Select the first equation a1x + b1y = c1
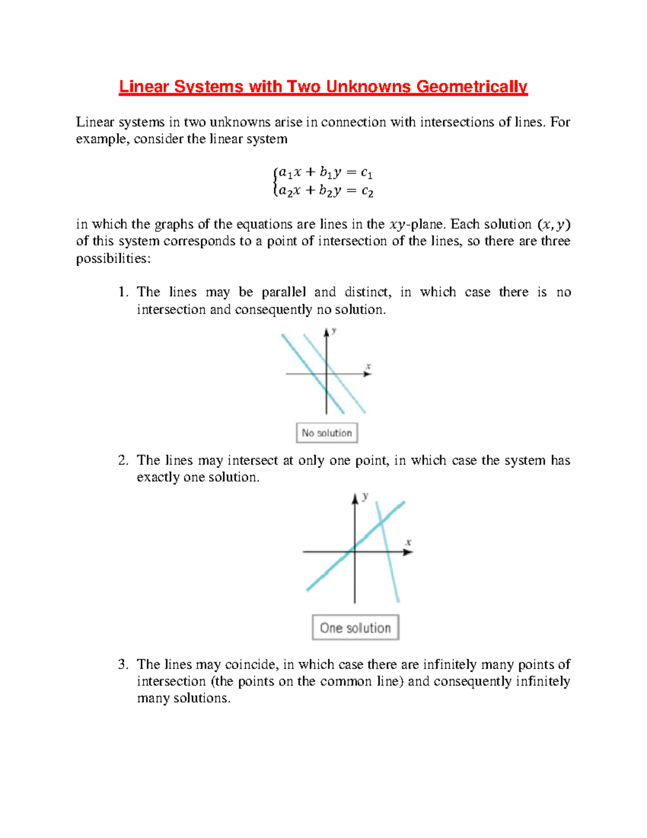pyautogui.click(x=323, y=173)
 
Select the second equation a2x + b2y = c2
pyautogui.click(x=323, y=190)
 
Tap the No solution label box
pyautogui.click(x=327, y=433)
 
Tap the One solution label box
pyautogui.click(x=355, y=628)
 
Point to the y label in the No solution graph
pyautogui.click(x=334, y=330)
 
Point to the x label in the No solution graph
pyautogui.click(x=368, y=366)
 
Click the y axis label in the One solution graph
pyautogui.click(x=366, y=496)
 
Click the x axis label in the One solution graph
pyautogui.click(x=408, y=542)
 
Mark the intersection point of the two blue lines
pyautogui.click(x=381, y=522)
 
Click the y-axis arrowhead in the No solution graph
pyautogui.click(x=326, y=332)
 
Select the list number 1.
pyautogui.click(x=122, y=292)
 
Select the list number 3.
pyautogui.click(x=122, y=664)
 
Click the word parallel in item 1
pyautogui.click(x=284, y=292)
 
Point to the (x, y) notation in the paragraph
pyautogui.click(x=554, y=224)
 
